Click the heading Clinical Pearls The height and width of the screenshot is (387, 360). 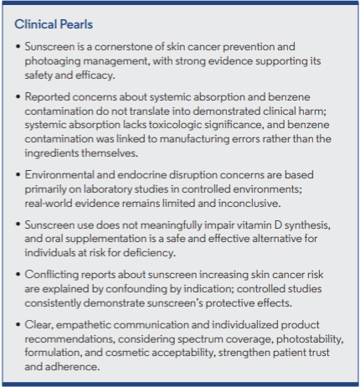tap(57, 24)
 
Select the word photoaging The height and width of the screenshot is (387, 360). tap(54, 62)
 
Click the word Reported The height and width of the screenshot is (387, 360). tap(50, 99)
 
